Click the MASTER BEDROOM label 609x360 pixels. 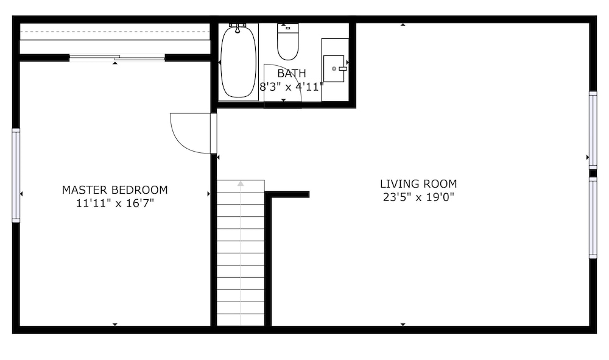click(x=115, y=190)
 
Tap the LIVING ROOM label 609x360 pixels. click(x=418, y=184)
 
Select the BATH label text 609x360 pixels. click(x=292, y=73)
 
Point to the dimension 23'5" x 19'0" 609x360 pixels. click(x=418, y=197)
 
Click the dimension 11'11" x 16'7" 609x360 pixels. click(x=115, y=203)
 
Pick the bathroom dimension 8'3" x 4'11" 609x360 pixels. click(x=292, y=86)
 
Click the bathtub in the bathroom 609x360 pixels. click(x=239, y=62)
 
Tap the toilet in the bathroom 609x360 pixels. click(x=288, y=42)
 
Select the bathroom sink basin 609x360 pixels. click(x=334, y=69)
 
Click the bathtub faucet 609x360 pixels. click(x=238, y=27)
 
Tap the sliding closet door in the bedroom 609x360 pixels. click(x=117, y=58)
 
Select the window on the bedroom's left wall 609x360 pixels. click(x=16, y=175)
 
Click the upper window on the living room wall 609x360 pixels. click(x=593, y=130)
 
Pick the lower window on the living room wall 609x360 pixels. click(x=593, y=218)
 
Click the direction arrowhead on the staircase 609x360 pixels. click(x=241, y=183)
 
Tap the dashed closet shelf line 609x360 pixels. click(x=114, y=32)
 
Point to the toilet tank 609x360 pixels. click(x=288, y=28)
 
